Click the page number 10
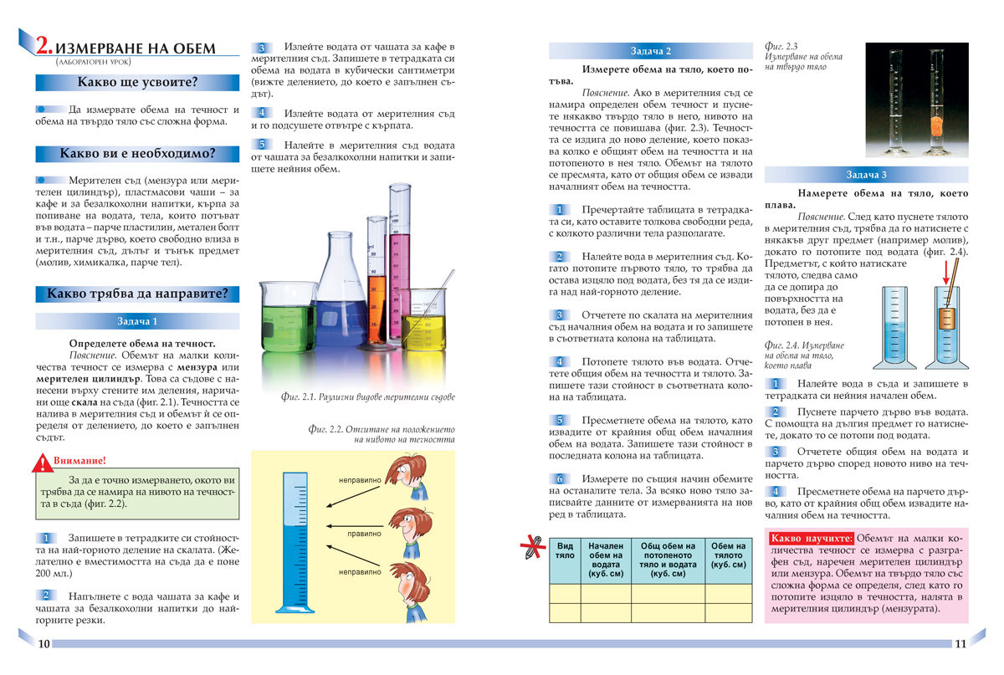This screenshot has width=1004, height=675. (44, 643)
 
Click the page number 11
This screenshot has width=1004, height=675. (960, 643)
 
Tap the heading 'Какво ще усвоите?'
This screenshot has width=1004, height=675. (137, 82)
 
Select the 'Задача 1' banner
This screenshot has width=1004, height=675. (137, 321)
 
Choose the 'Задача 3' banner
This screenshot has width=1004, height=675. (866, 175)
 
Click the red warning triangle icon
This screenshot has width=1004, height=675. (42, 461)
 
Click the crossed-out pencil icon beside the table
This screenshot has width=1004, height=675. (530, 549)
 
